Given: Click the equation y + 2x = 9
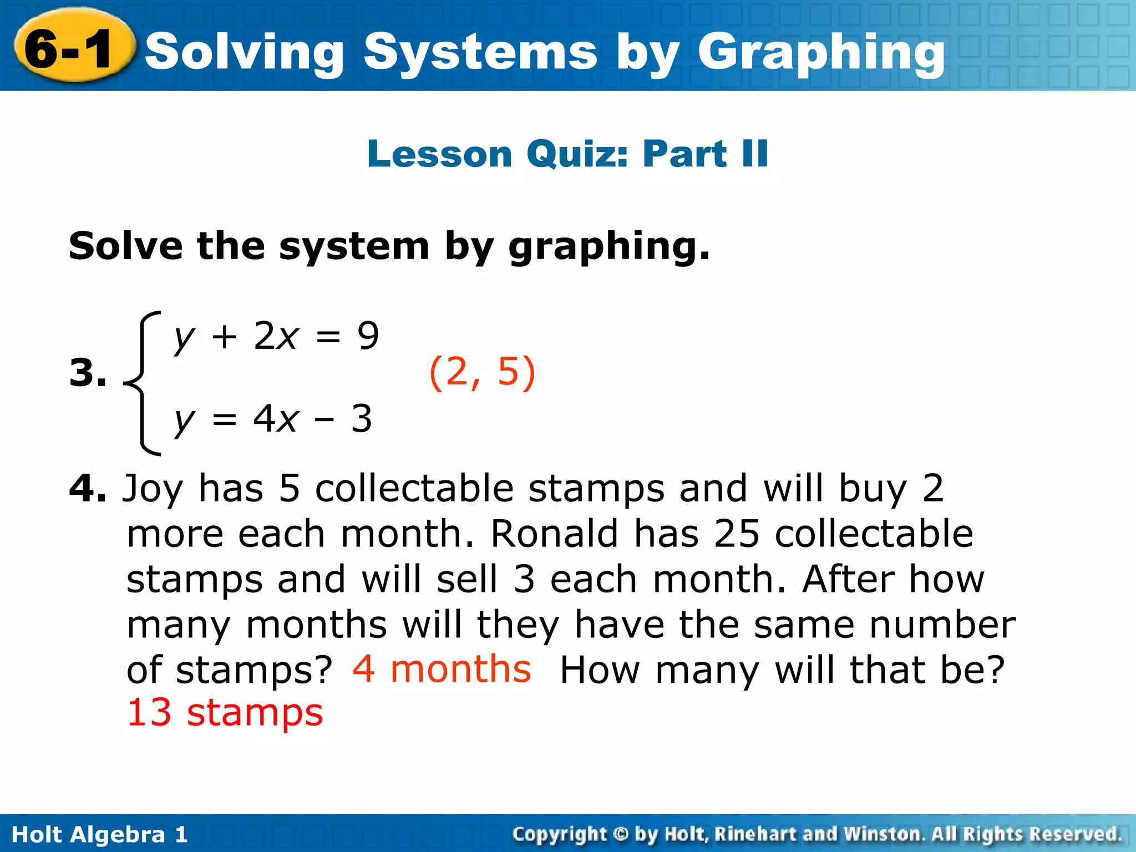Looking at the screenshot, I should pyautogui.click(x=276, y=336).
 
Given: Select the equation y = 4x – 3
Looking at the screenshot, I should pyautogui.click(x=273, y=419).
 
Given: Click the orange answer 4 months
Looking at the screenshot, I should pyautogui.click(x=442, y=669).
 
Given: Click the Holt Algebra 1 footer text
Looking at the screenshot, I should pyautogui.click(x=100, y=834).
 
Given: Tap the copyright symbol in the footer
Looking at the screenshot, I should pyautogui.click(x=621, y=834).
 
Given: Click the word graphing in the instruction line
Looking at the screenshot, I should pyautogui.click(x=608, y=247).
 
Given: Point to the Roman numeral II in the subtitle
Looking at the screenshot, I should pyautogui.click(x=754, y=154).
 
